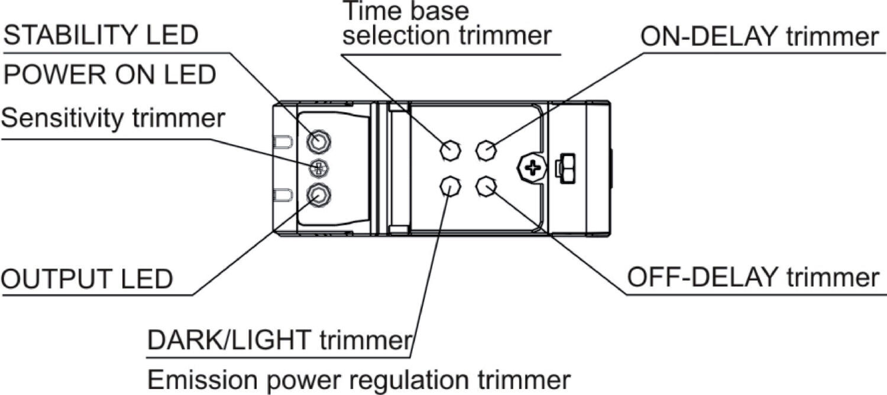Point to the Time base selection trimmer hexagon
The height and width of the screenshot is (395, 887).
click(x=451, y=150)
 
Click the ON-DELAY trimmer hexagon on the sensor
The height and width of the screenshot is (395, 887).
click(x=486, y=150)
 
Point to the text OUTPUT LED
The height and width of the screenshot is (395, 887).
click(x=87, y=279)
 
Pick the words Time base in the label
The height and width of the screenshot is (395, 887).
click(x=406, y=11)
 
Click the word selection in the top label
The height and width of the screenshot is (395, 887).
click(x=397, y=36)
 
